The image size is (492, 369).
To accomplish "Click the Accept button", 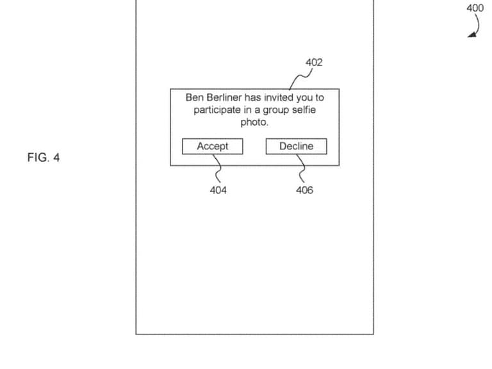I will (213, 147).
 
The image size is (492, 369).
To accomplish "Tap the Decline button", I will (296, 147).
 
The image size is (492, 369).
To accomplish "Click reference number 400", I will (475, 8).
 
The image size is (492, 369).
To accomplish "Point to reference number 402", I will (314, 62).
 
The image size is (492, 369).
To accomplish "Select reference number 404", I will (218, 190).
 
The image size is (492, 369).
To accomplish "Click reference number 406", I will (305, 190).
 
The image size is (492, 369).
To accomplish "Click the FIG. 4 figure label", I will (44, 157).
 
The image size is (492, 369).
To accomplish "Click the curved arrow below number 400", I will (475, 28).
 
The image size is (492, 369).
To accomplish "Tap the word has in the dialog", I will (253, 98).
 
